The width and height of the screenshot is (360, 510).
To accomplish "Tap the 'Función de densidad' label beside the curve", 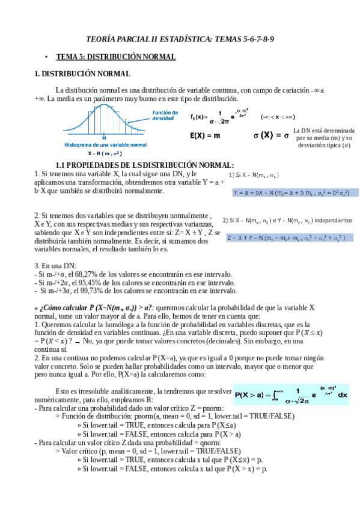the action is point(165,115).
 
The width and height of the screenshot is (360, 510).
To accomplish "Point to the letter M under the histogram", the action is point(105,138).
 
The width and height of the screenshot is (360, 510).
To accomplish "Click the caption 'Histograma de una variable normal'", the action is point(105,145).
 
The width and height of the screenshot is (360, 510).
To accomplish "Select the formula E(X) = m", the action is point(205,136).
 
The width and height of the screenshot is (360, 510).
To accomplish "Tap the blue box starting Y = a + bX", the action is point(294,192).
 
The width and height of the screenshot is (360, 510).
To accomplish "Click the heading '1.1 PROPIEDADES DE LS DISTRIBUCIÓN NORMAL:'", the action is point(144,165).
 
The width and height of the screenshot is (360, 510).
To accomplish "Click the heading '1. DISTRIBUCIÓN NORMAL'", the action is point(82,74).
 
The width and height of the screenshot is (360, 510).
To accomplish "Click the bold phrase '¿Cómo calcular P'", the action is point(66,307).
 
